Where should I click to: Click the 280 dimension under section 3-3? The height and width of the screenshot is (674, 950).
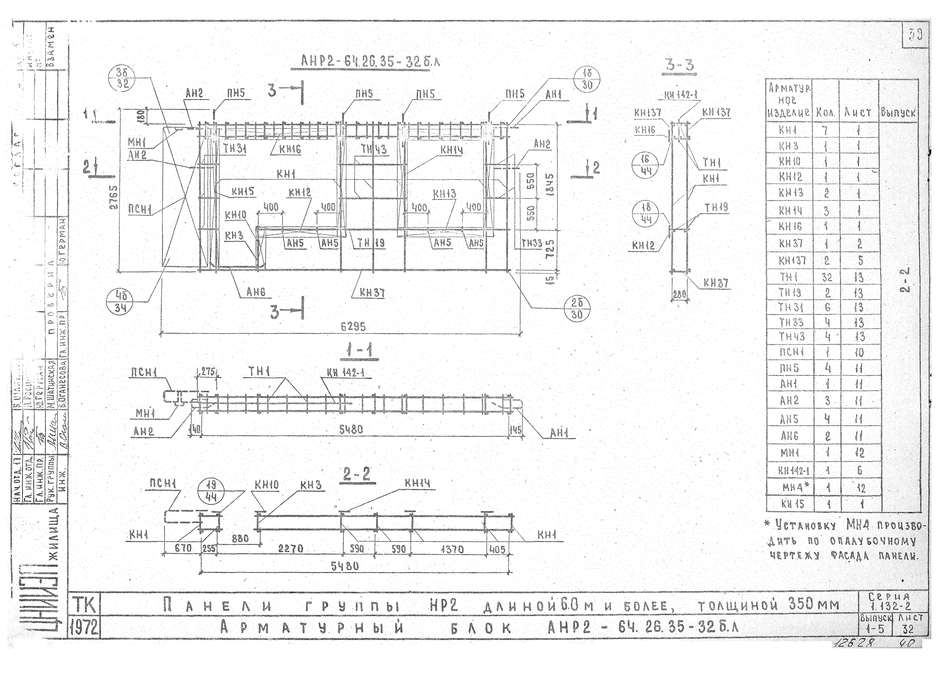pyautogui.click(x=679, y=294)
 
